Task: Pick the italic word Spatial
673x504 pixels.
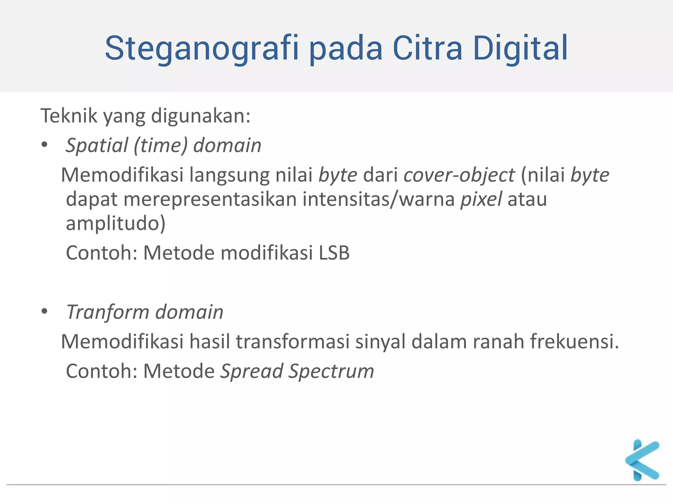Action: pos(97,145)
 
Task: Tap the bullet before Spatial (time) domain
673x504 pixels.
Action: pos(45,145)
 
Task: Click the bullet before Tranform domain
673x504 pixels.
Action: pos(45,311)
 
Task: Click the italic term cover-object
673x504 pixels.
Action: pos(459,175)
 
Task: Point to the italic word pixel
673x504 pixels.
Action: pos(481,199)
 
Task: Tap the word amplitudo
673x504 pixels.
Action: pos(115,223)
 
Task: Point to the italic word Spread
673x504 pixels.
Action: pos(252,371)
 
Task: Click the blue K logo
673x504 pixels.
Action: pos(642,460)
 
